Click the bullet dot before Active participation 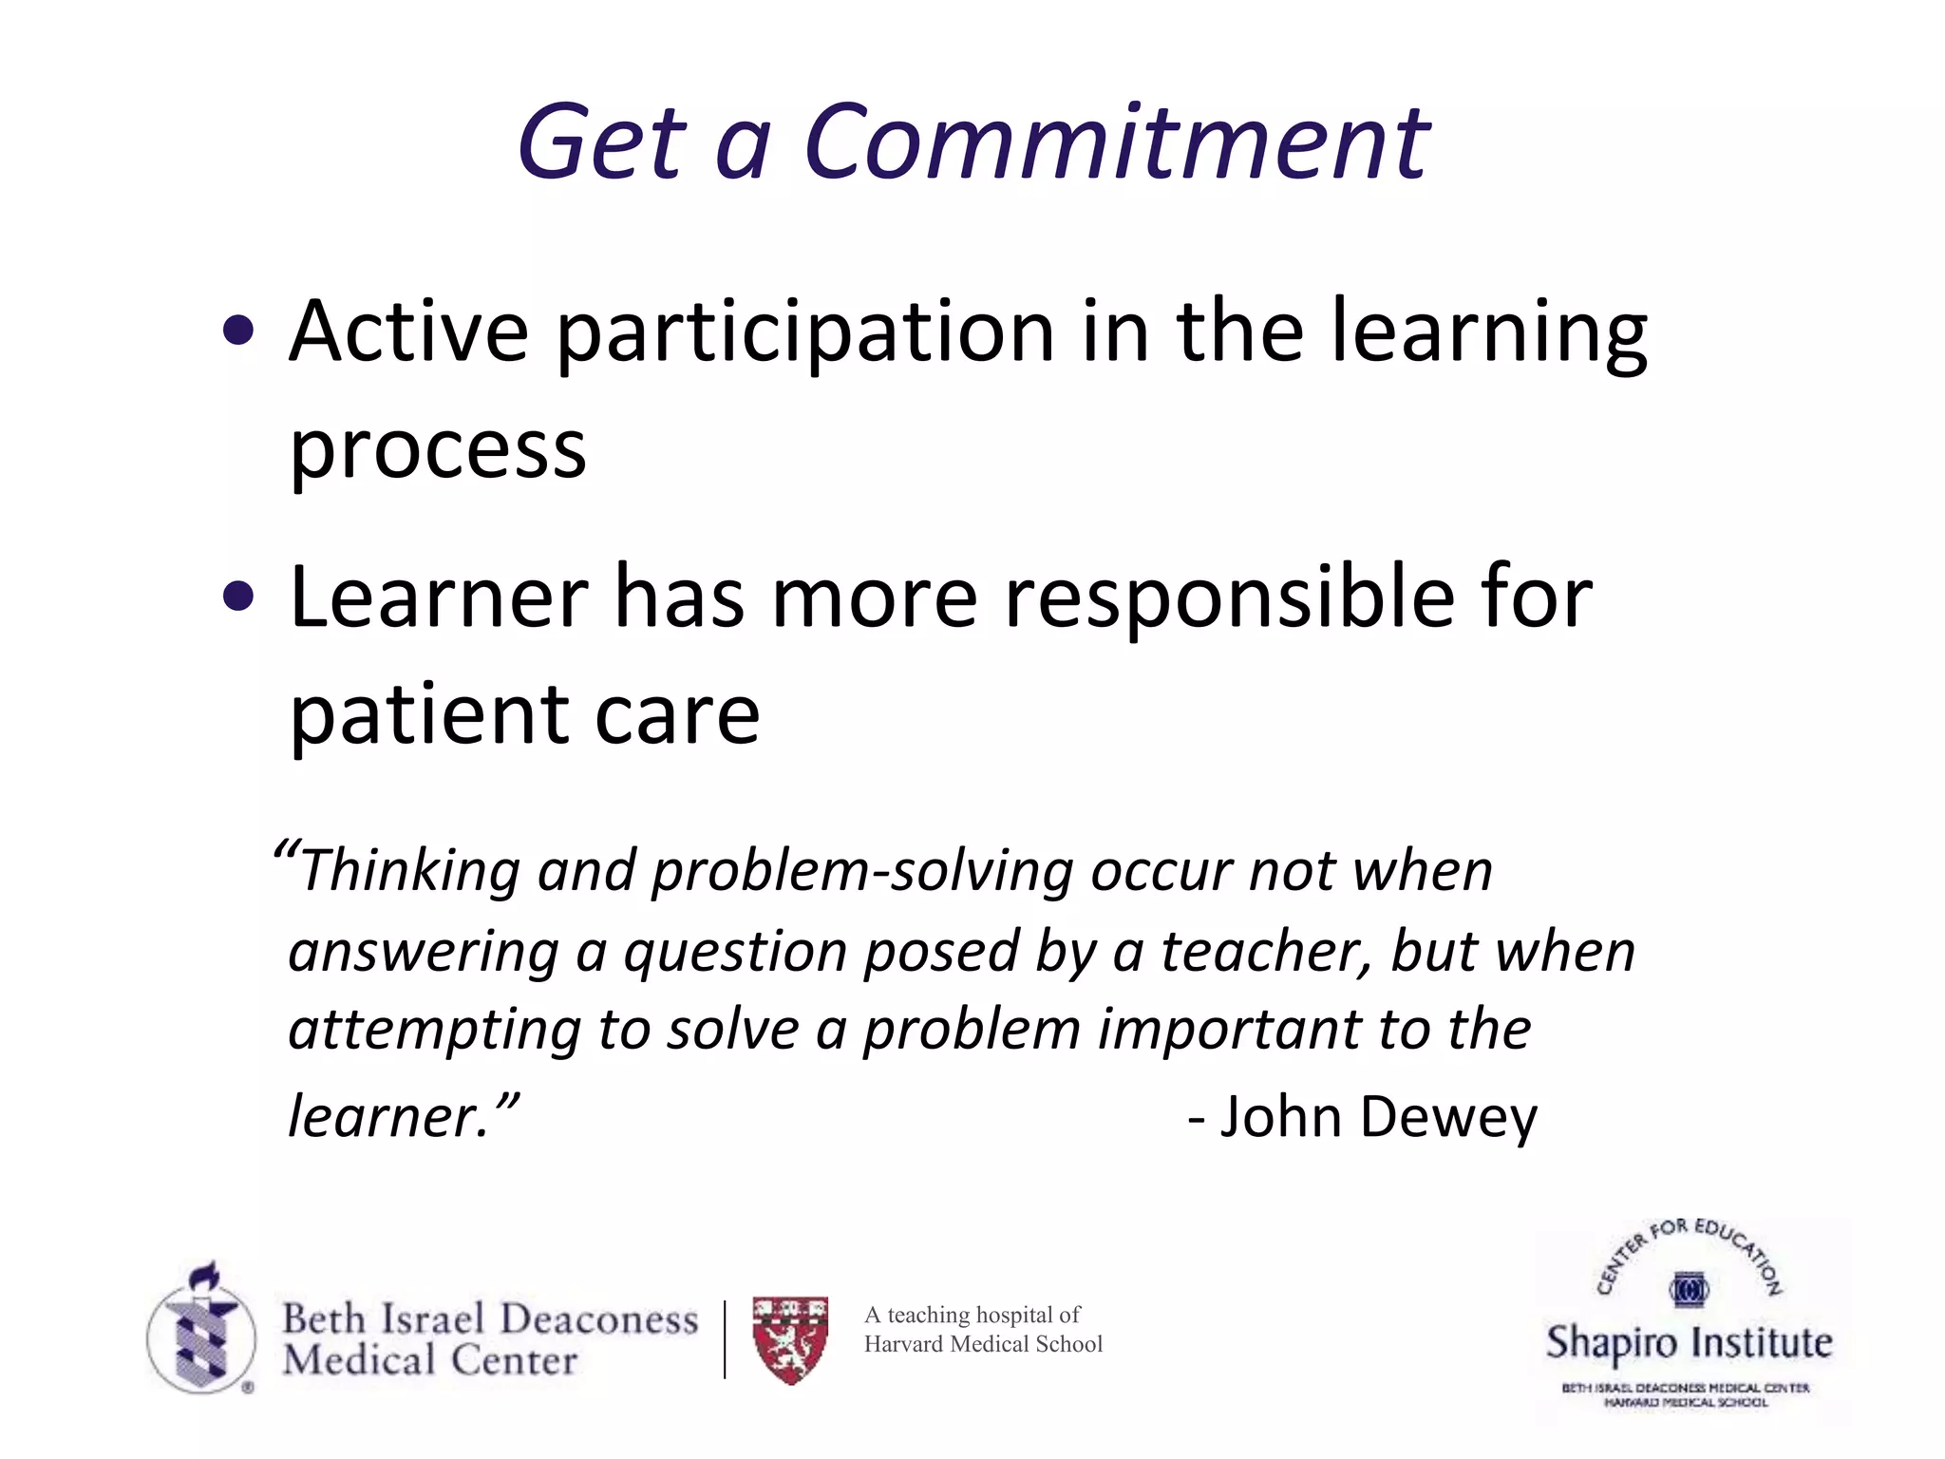[238, 332]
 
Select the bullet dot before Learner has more [238, 597]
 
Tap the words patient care [524, 714]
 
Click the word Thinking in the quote [410, 871]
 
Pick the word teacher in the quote [1265, 951]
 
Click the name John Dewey [1377, 1117]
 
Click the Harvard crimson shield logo [790, 1339]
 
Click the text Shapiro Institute [1689, 1343]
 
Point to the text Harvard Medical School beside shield [983, 1344]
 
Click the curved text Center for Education [1689, 1244]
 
